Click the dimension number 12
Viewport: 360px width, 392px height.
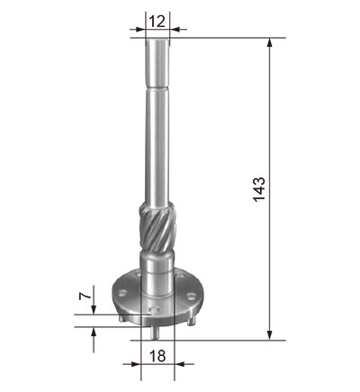(157, 22)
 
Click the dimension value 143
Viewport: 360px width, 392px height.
(259, 189)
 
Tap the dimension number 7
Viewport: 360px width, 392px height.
(85, 296)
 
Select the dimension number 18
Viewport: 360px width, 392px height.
(157, 356)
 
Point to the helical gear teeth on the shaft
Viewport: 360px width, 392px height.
(157, 227)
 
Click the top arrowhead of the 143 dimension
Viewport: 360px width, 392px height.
(270, 42)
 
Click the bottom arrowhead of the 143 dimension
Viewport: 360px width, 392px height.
(270, 336)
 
